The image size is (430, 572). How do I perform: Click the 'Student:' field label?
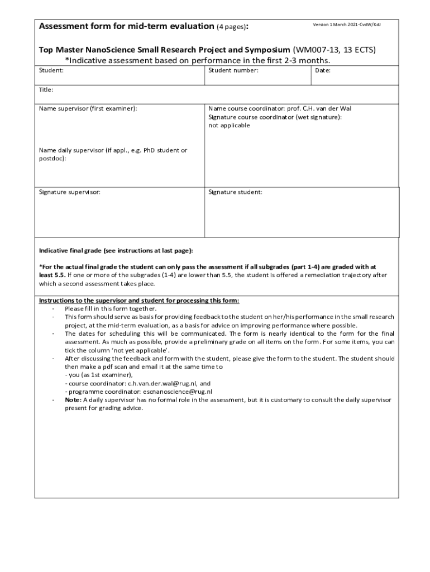pos(51,71)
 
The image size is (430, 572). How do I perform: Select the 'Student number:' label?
pos(233,71)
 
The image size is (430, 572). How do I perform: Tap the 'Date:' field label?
pos(323,71)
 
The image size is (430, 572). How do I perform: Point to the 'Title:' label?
pos(46,89)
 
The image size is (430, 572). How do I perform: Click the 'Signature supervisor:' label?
pos(69,192)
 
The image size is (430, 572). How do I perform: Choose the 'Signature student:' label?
pos(235,192)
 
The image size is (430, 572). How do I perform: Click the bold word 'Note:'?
pos(73,400)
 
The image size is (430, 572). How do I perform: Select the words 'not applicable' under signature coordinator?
pos(229,125)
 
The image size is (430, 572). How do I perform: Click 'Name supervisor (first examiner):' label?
pos(88,108)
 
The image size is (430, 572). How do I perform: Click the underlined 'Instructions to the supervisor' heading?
pos(138,301)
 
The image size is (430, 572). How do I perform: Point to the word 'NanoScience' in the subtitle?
pos(112,50)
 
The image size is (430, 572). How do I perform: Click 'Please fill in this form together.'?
pos(111,308)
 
